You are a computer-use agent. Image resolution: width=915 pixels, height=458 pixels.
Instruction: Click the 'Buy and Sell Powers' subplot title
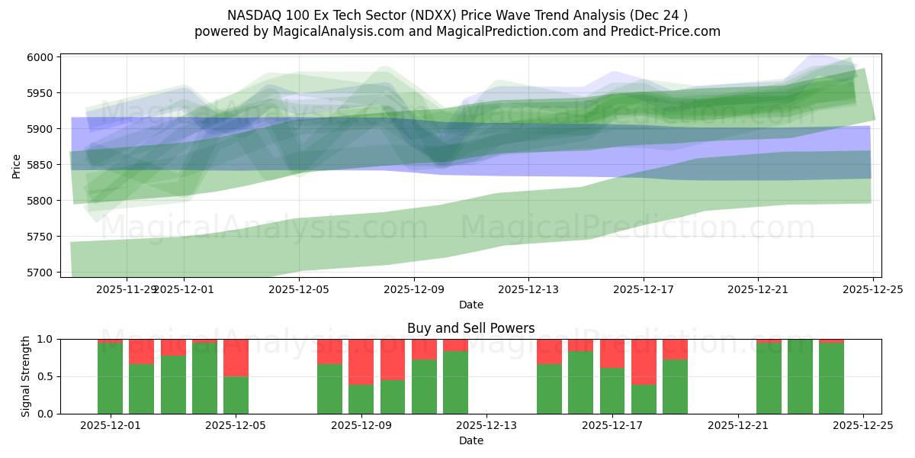click(x=470, y=328)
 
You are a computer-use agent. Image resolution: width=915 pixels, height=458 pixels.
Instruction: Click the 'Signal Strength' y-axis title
click(x=26, y=376)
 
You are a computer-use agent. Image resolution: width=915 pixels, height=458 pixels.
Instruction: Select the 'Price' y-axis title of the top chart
click(x=17, y=165)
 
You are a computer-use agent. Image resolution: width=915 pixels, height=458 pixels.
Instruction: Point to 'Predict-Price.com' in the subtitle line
click(x=657, y=31)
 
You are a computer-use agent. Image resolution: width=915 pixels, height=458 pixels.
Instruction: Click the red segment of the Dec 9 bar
click(x=361, y=362)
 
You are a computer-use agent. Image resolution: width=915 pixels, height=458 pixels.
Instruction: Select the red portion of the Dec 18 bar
click(x=644, y=362)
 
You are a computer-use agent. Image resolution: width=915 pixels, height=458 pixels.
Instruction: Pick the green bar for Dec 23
click(x=800, y=376)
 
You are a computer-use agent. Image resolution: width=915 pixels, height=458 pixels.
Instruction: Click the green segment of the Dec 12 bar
click(x=455, y=382)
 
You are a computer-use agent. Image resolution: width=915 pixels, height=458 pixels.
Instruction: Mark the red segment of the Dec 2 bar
click(x=141, y=351)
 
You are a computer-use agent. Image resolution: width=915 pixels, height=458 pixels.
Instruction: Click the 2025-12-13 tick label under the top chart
click(x=528, y=290)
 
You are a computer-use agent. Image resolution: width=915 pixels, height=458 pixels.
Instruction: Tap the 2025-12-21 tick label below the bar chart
click(x=738, y=425)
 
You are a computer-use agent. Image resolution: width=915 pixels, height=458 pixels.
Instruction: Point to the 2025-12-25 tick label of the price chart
click(x=872, y=290)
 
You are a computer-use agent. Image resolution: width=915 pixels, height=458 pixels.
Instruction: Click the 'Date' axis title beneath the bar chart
click(x=470, y=440)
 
